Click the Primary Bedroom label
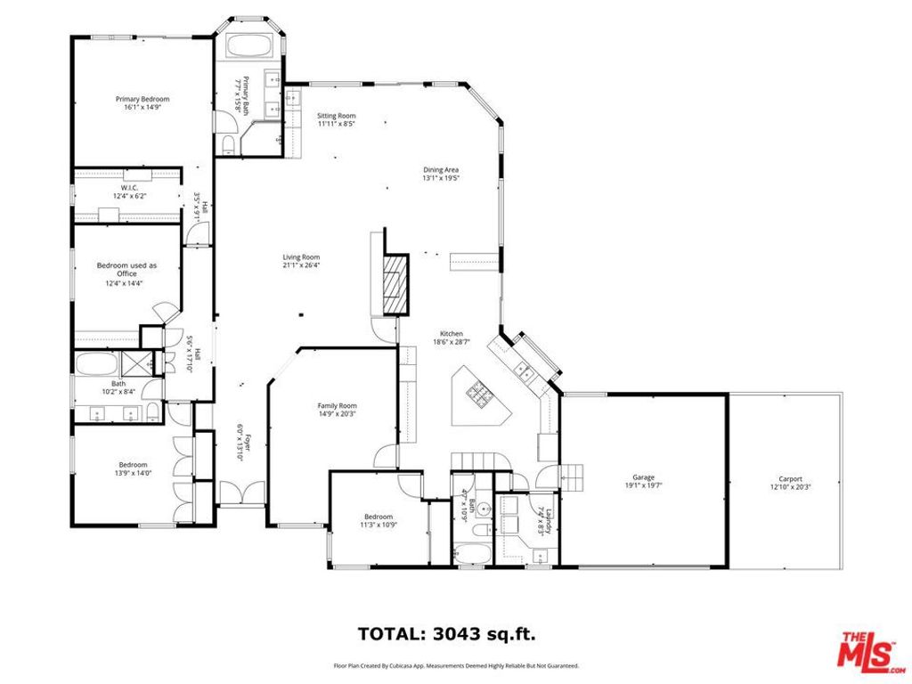[142, 99]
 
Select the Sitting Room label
[336, 116]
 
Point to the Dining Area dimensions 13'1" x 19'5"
[440, 178]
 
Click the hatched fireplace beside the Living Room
[393, 284]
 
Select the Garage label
[643, 478]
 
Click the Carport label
[790, 478]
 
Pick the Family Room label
[337, 405]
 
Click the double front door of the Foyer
[241, 491]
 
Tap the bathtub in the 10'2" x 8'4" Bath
[101, 363]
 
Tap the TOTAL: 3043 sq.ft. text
[446, 634]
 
